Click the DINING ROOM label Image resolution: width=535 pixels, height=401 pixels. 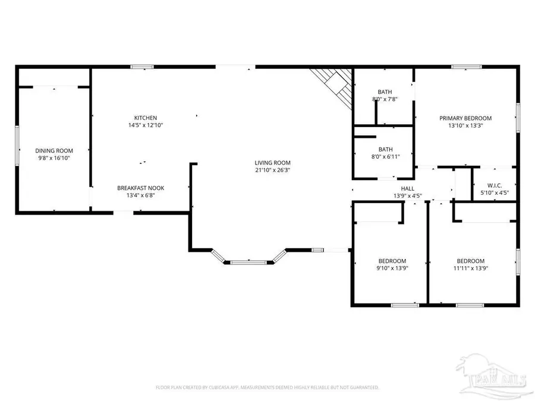point(53,150)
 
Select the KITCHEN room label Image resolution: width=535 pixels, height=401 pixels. point(145,118)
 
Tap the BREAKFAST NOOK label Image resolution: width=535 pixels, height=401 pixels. point(141,188)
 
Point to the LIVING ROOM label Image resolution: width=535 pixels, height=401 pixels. point(272,162)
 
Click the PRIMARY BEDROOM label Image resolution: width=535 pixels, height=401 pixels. point(465,118)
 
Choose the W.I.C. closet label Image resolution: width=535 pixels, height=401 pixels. point(494,185)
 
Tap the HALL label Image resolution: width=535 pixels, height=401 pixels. point(407,188)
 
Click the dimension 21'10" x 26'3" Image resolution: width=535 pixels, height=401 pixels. point(272,170)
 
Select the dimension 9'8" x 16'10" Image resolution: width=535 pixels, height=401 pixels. point(53,158)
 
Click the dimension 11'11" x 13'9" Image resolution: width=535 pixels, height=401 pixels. point(470,268)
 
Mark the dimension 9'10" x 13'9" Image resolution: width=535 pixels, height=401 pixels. point(392,268)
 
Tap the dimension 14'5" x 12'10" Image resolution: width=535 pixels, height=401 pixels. point(145,125)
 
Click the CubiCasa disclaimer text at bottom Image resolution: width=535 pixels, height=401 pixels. point(267,387)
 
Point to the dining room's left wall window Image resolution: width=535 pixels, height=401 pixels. point(17,143)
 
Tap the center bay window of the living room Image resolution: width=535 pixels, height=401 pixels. point(249,261)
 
